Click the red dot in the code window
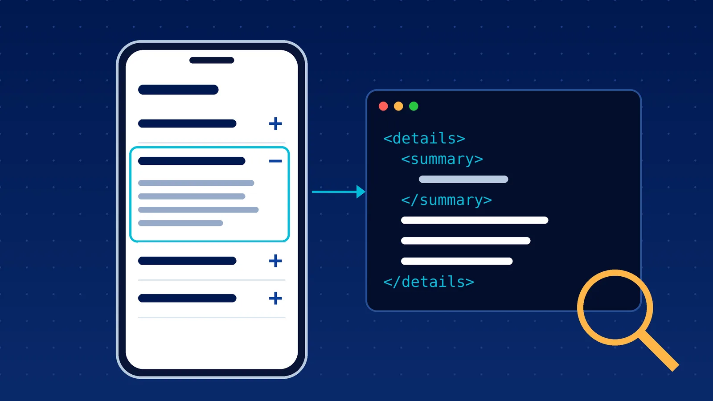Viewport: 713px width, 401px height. click(x=383, y=106)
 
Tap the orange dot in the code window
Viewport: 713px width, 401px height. click(x=398, y=106)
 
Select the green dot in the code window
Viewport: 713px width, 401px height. click(x=414, y=106)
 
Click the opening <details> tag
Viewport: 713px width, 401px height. click(x=424, y=139)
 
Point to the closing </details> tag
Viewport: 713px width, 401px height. click(x=429, y=282)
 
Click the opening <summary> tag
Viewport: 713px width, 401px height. click(x=442, y=159)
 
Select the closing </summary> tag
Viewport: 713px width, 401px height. click(x=447, y=200)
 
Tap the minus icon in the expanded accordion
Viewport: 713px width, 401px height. click(x=275, y=161)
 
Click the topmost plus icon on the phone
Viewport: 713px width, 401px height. click(x=275, y=123)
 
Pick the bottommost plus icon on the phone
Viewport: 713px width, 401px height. click(x=275, y=298)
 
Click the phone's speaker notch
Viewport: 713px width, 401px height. click(x=212, y=60)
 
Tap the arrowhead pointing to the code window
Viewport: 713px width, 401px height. click(x=361, y=192)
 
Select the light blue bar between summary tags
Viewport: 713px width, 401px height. click(x=463, y=179)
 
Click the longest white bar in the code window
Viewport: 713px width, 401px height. click(x=475, y=220)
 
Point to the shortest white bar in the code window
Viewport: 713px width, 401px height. click(x=457, y=261)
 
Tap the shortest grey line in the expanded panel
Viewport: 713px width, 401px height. click(x=180, y=223)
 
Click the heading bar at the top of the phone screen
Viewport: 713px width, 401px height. click(x=178, y=90)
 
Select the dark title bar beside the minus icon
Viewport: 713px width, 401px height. click(x=192, y=161)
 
